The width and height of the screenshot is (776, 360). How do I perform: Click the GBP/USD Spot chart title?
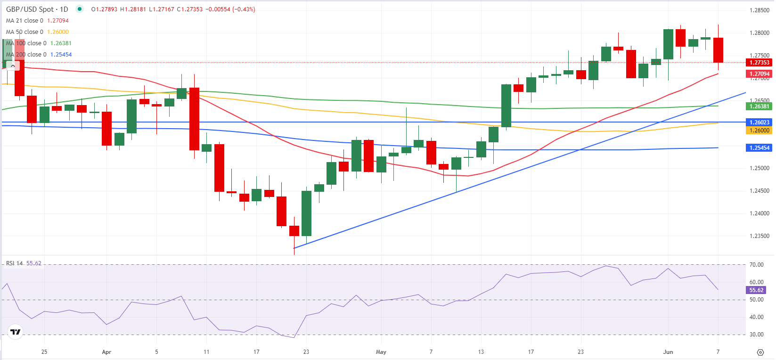click(x=37, y=9)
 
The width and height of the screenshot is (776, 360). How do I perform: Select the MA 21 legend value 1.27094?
click(x=58, y=21)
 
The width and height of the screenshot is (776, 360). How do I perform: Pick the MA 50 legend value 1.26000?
click(x=58, y=32)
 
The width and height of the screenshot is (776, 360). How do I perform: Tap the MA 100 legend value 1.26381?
click(x=61, y=43)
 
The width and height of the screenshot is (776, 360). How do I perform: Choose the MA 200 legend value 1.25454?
click(x=61, y=55)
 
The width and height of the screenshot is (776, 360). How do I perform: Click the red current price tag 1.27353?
click(x=759, y=63)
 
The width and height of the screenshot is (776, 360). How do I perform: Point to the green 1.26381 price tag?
click(x=759, y=106)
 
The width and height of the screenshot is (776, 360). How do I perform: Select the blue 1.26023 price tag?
click(x=759, y=123)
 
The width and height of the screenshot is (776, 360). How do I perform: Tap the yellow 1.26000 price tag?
click(x=759, y=131)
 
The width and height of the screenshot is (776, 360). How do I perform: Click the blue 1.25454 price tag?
click(x=759, y=148)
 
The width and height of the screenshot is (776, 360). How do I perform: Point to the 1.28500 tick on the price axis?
click(x=759, y=10)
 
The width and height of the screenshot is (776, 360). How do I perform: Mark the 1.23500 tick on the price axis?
click(x=759, y=236)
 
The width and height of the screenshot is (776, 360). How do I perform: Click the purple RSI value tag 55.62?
click(x=756, y=290)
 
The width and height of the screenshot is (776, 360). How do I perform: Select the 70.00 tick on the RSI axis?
click(x=756, y=265)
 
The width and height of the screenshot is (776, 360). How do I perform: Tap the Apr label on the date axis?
click(x=106, y=352)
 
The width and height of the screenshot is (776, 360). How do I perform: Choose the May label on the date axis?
click(x=381, y=352)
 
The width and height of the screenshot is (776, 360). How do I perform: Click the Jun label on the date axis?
click(x=668, y=352)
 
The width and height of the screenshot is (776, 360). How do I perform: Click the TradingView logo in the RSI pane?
click(x=16, y=332)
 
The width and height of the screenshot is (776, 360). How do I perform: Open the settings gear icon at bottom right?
click(x=760, y=352)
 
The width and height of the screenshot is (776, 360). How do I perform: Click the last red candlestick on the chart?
click(x=718, y=50)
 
